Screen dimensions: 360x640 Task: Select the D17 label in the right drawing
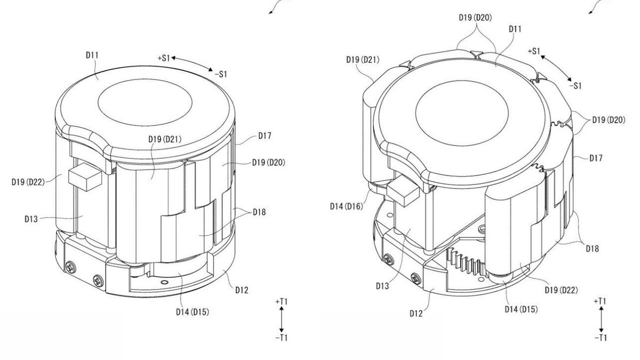[x=596, y=158]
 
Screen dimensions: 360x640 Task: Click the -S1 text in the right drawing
[x=575, y=85]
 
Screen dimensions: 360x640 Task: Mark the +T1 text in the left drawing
[x=281, y=301]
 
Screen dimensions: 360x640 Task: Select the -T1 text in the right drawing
[x=601, y=338]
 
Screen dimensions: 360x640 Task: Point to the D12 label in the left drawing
[x=241, y=290]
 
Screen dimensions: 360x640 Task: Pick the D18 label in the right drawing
[x=591, y=248]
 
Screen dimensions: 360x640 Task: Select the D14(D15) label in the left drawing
[x=191, y=311]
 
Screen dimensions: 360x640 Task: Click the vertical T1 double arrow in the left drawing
[x=282, y=319]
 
